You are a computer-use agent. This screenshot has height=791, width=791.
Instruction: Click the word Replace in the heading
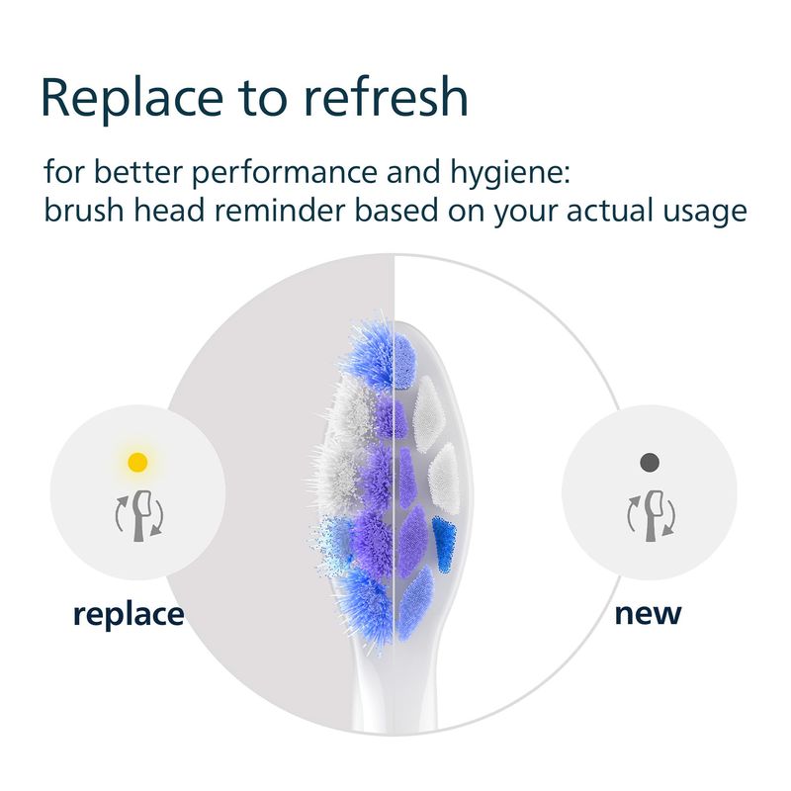pos(132,97)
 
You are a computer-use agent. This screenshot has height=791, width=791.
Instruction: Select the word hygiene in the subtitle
pos(510,174)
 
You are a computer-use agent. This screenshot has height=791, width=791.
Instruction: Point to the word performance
pos(285,174)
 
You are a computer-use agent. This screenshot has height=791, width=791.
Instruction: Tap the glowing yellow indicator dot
pos(137,462)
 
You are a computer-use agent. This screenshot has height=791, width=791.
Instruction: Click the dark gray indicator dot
pos(650,462)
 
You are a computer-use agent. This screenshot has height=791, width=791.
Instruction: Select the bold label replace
pos(129,615)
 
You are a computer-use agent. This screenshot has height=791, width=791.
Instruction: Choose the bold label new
pos(649,614)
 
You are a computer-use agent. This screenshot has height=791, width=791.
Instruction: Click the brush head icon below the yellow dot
pos(139,516)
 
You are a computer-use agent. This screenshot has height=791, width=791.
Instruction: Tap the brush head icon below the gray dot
pos(652,516)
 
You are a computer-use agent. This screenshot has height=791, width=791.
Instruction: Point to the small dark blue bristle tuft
pos(444,545)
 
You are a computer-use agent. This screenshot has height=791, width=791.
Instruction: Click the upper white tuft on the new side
pos(428,414)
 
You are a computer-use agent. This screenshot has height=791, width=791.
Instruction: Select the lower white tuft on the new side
pos(444,480)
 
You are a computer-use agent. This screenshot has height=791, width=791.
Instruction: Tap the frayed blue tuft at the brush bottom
pos(366,605)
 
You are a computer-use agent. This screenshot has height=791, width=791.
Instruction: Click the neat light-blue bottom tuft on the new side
pos(415,603)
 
